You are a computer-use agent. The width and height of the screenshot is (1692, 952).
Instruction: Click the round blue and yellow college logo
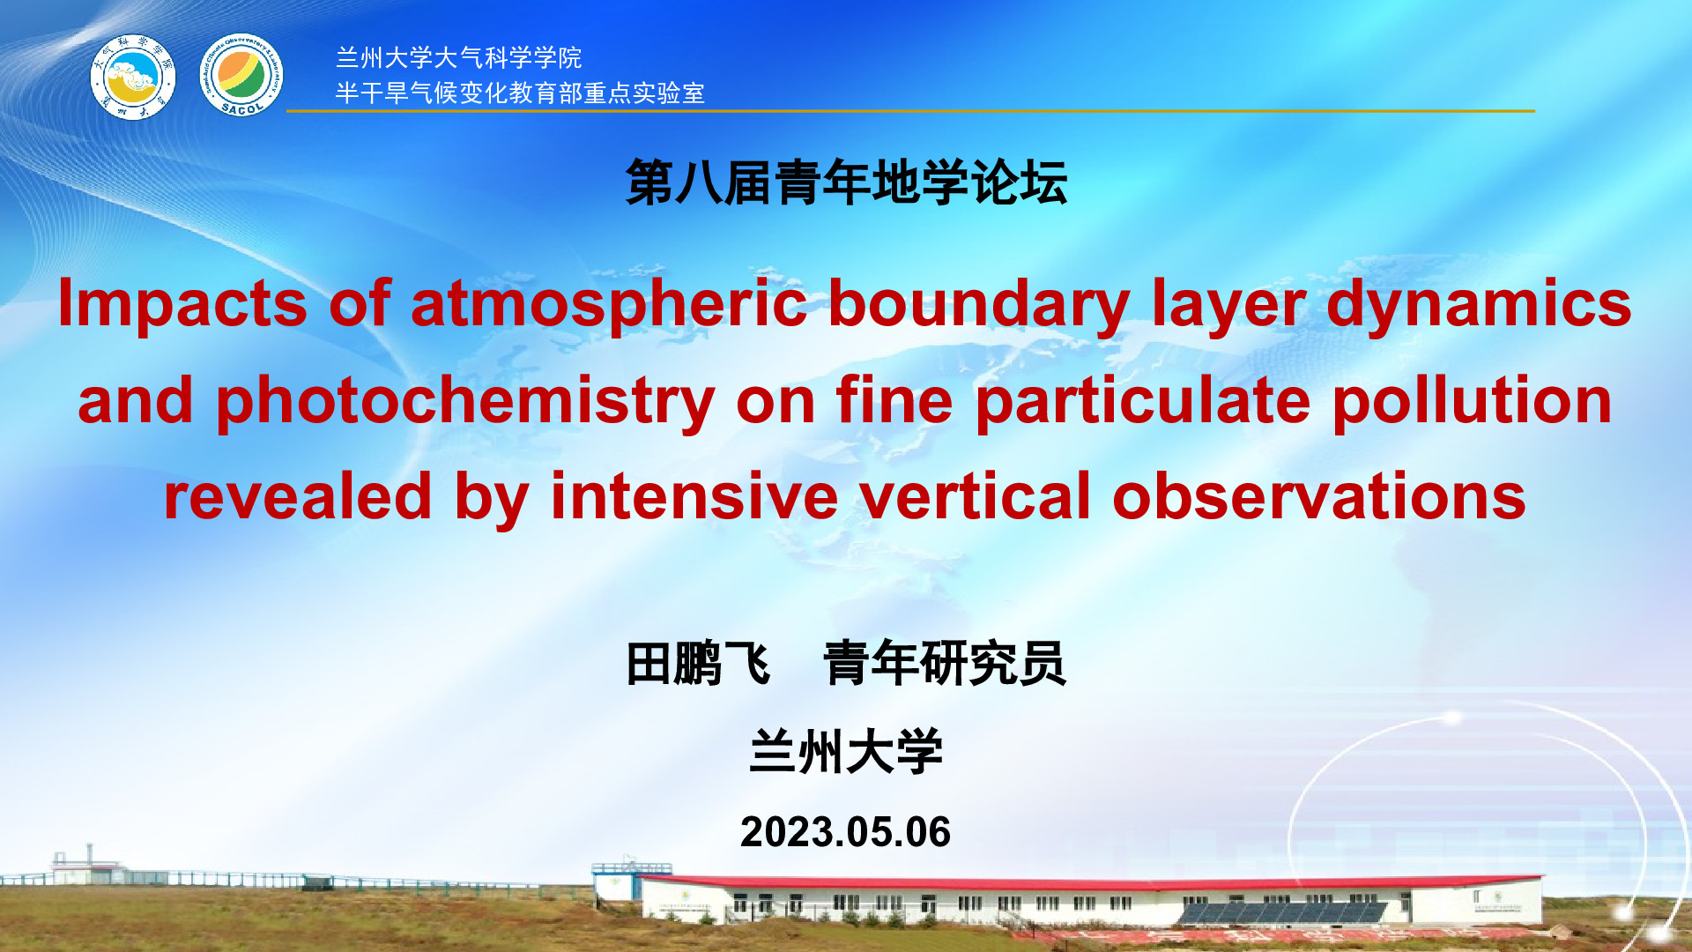(x=133, y=77)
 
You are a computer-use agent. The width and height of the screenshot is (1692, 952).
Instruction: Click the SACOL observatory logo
(x=241, y=76)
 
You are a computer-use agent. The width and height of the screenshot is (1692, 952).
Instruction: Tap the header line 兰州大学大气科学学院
(x=458, y=58)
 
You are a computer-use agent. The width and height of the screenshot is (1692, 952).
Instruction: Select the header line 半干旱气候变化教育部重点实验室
(x=520, y=93)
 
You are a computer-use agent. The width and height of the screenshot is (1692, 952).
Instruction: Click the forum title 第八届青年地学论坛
(x=846, y=182)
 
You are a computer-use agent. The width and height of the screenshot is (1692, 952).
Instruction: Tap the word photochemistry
(x=465, y=401)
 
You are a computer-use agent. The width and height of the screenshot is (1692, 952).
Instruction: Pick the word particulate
(x=1143, y=401)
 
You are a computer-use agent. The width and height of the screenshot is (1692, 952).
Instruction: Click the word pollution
(x=1473, y=399)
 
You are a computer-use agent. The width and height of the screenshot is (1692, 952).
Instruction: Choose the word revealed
(x=298, y=495)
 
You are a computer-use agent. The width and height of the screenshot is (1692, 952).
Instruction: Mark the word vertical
(x=976, y=495)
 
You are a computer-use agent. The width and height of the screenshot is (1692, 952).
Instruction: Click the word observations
(x=1319, y=495)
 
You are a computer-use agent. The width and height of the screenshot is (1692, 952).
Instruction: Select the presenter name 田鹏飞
(x=698, y=664)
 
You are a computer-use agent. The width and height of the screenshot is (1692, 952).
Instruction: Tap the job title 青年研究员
(x=945, y=664)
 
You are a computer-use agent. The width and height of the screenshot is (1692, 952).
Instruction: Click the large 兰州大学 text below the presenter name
(x=846, y=752)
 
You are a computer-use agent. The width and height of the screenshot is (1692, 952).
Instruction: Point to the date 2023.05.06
(x=846, y=832)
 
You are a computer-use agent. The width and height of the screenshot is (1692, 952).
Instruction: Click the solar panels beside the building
(x=1282, y=911)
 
